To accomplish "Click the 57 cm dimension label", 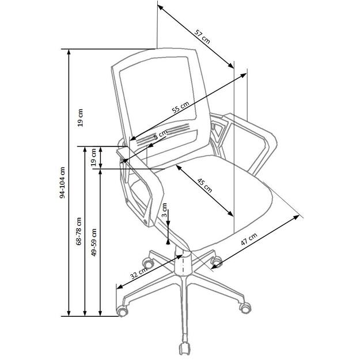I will (201, 36).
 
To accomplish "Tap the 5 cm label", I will (160, 135).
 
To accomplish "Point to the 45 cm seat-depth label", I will (205, 186).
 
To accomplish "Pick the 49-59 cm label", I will (94, 242).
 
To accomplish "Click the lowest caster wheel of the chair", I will (184, 348).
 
